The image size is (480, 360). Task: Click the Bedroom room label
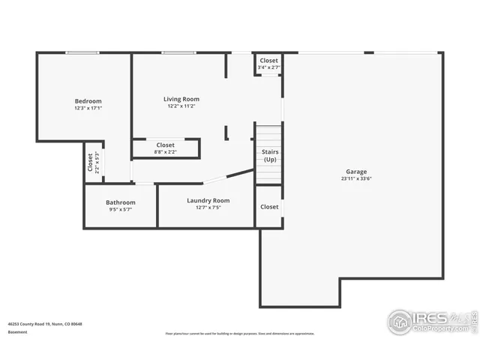tap(88, 101)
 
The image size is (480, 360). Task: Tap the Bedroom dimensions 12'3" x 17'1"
tap(88, 109)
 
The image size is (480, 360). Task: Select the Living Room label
tap(181, 99)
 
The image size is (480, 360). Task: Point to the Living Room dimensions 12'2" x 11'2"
tap(181, 106)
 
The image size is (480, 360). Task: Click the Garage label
tap(356, 172)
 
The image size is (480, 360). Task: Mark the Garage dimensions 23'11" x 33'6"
tap(356, 179)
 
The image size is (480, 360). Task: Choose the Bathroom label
tap(120, 202)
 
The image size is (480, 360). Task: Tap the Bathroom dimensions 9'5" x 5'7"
tap(120, 210)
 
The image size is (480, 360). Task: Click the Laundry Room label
tap(208, 200)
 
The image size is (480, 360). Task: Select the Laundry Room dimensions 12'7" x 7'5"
tap(208, 208)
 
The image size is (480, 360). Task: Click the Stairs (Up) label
tap(269, 156)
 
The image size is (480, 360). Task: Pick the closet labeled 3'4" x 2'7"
tap(268, 64)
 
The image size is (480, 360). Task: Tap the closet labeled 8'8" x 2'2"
tap(165, 148)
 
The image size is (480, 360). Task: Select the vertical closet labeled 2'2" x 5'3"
tap(93, 163)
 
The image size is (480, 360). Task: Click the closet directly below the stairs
tap(269, 207)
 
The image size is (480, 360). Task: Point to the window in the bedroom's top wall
tap(81, 52)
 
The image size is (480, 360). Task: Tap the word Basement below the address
tap(17, 331)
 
